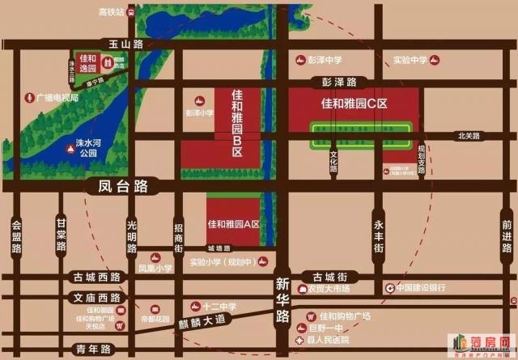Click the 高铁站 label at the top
111,13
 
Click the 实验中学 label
410,60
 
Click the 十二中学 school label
219,306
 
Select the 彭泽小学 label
198,113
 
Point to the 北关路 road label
469,136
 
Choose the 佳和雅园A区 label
233,224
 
